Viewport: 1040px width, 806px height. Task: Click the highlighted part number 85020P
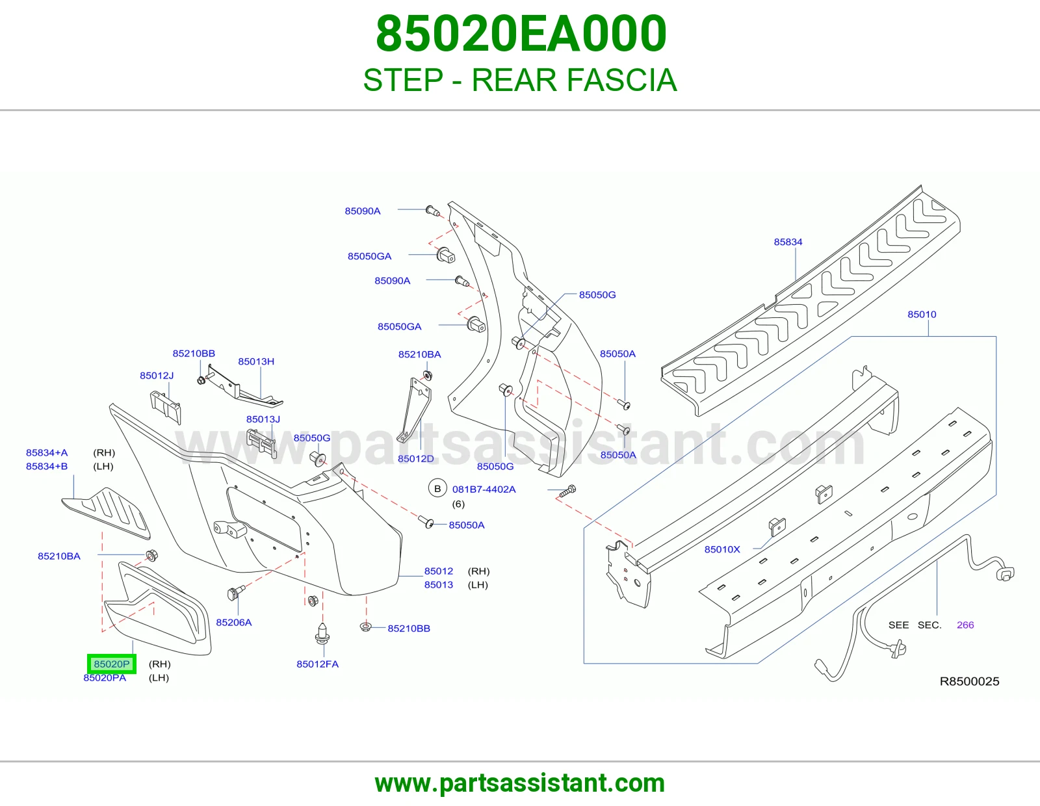coord(112,664)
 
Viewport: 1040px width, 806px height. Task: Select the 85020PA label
coord(105,678)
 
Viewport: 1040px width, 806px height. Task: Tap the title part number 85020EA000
coord(521,34)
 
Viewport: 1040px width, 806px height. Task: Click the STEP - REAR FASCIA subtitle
coord(520,80)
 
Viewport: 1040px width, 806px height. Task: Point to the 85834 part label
coord(788,242)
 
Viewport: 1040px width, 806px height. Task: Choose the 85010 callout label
coord(922,315)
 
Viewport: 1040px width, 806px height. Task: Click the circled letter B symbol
coord(437,489)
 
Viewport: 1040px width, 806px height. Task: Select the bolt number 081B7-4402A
coord(484,489)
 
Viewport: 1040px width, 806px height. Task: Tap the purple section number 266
coord(965,625)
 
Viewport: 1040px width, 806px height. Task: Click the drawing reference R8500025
coord(970,681)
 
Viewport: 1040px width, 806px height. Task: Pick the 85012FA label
coord(317,664)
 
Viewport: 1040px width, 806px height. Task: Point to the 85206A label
coord(233,622)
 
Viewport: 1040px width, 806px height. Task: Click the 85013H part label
coord(256,361)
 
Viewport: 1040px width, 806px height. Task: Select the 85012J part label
coord(157,376)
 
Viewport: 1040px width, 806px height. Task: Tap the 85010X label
coord(722,549)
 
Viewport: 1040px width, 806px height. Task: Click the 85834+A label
coord(47,453)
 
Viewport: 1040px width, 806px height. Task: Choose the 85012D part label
coord(416,458)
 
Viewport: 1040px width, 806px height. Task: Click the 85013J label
coord(263,419)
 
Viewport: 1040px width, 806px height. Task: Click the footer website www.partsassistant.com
coord(520,783)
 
